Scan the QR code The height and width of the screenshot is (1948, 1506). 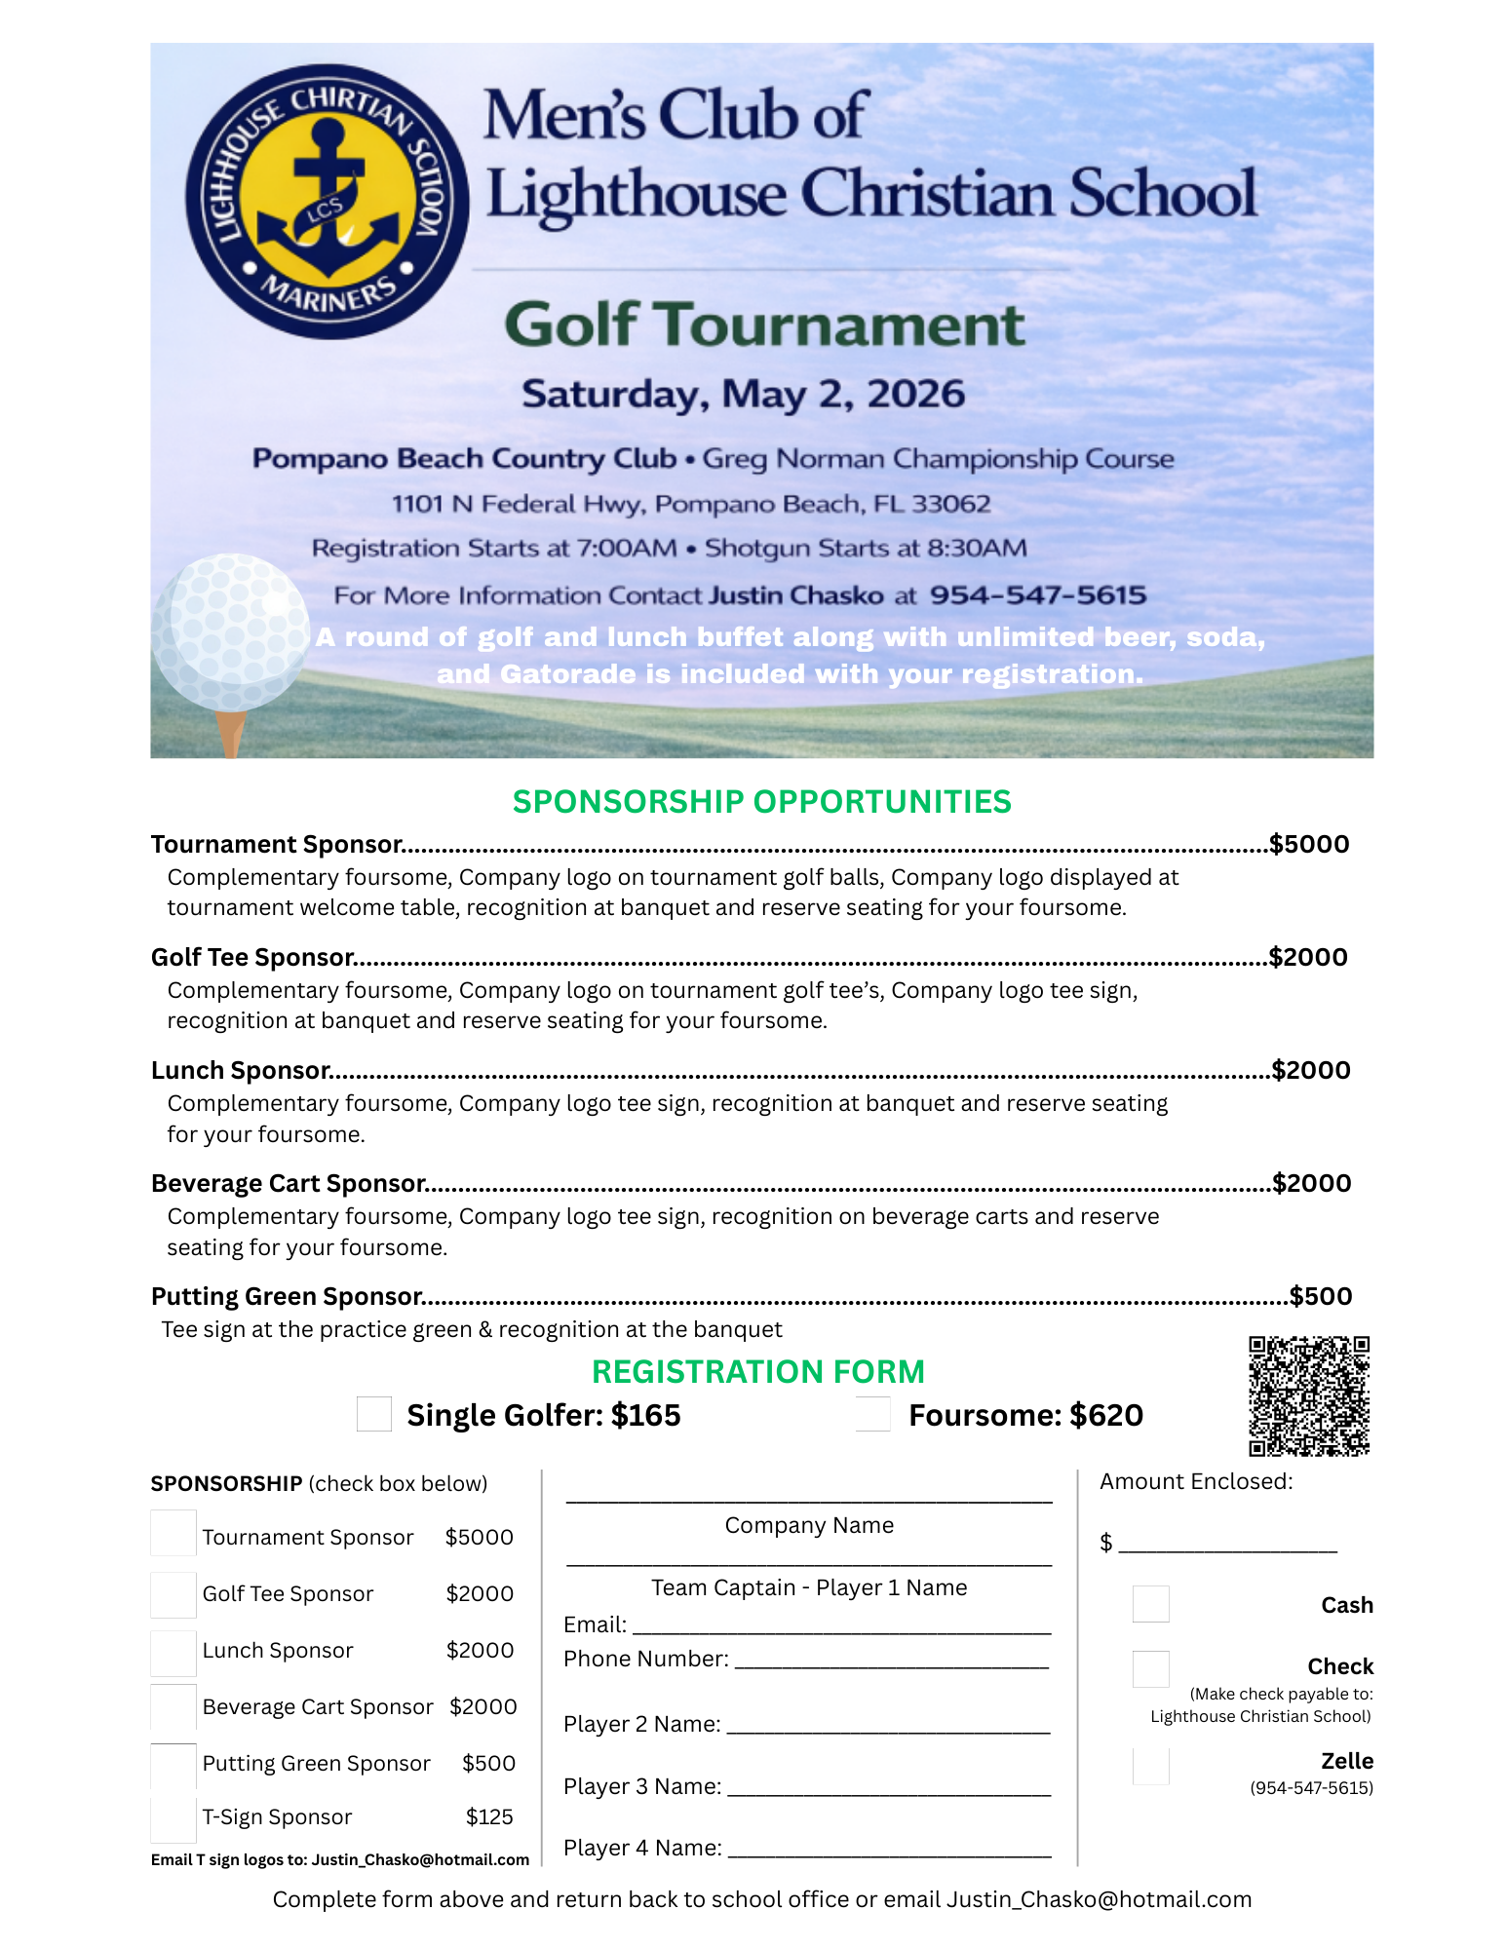tap(1309, 1395)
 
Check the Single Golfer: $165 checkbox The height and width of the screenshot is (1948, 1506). tap(373, 1414)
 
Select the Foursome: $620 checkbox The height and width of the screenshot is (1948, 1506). tap(872, 1414)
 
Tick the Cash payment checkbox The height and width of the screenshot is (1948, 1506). tap(1150, 1604)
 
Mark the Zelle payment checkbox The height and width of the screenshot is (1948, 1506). tap(1150, 1766)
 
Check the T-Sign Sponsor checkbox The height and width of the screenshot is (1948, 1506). tap(174, 1818)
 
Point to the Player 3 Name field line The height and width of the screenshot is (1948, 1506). tap(889, 1793)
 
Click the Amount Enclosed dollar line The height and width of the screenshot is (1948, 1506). tap(1227, 1547)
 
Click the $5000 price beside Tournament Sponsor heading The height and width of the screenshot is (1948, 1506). tap(1309, 844)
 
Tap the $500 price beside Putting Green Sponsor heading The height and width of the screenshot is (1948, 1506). tap(1321, 1296)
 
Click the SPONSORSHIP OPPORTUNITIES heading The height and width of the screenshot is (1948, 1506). tap(761, 801)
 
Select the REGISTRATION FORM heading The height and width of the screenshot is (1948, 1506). tap(757, 1371)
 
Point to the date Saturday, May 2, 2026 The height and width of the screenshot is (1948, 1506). tap(743, 394)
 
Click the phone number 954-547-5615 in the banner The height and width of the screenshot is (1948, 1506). tap(1037, 594)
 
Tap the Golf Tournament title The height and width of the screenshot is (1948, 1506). tap(764, 325)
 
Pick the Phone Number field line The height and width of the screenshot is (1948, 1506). tap(891, 1666)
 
